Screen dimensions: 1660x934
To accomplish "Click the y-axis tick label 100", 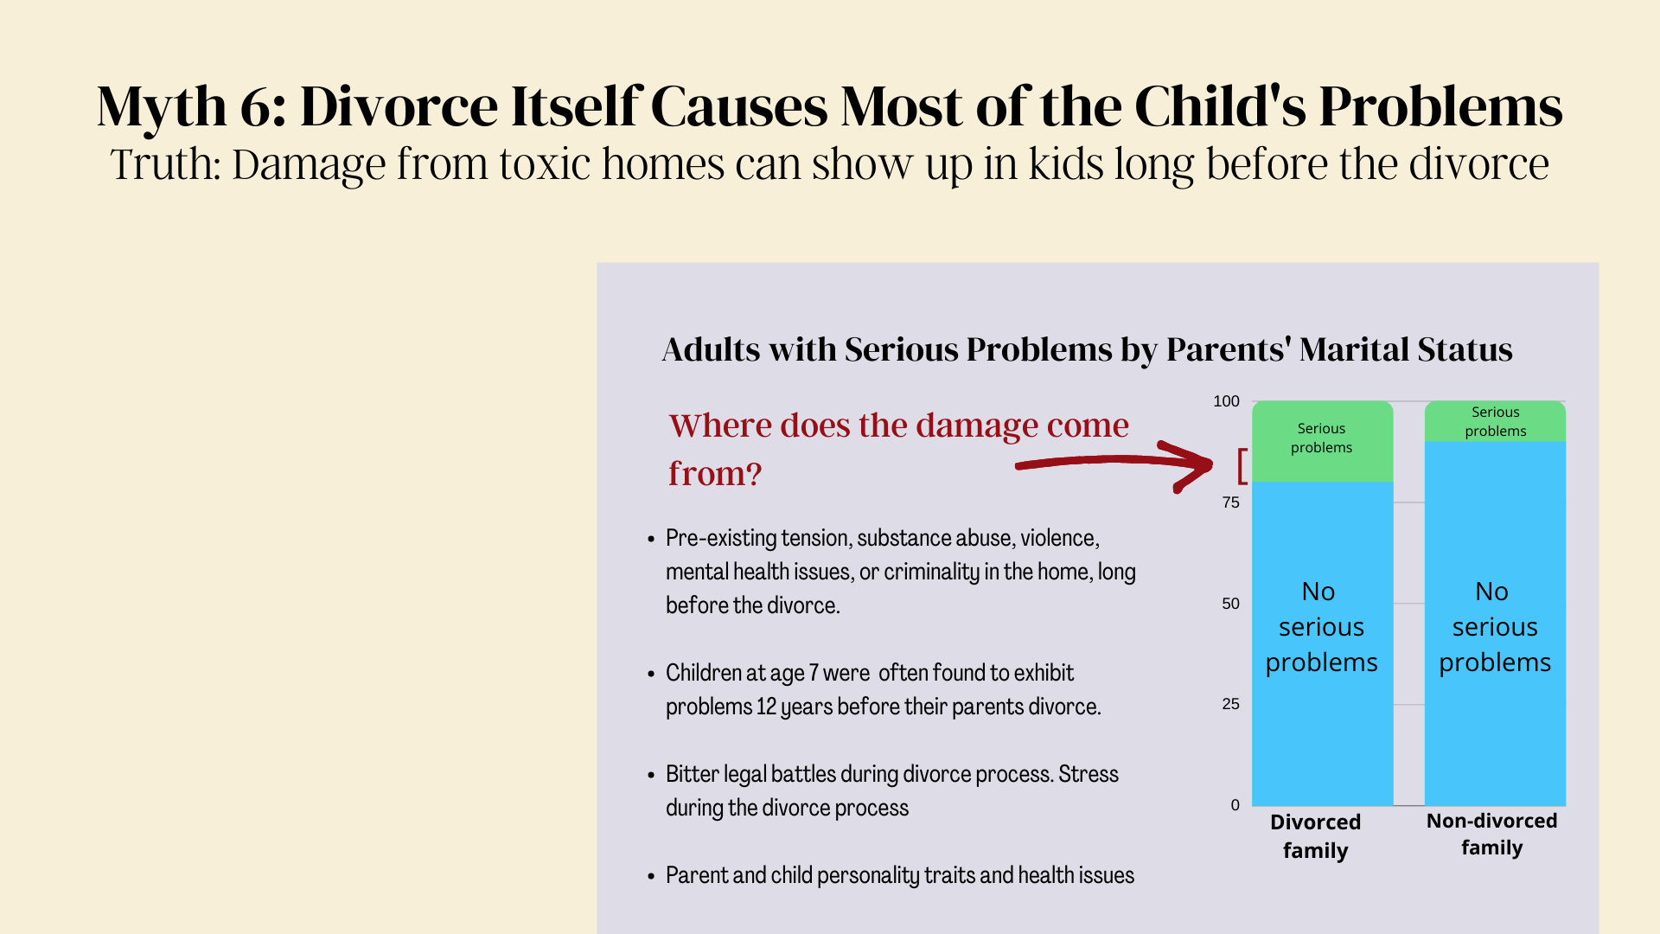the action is click(1226, 401).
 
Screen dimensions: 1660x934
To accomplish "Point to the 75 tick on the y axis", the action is click(1230, 502).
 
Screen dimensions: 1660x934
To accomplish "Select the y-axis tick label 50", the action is click(1230, 604).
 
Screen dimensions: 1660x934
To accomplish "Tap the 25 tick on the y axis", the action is click(1230, 704).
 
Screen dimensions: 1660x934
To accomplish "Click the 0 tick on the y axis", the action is click(1235, 805).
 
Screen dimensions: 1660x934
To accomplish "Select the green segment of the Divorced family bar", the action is click(1322, 441).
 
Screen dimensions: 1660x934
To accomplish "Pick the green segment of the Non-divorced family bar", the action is click(1495, 421).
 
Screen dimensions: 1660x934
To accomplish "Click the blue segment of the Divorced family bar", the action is click(1322, 643).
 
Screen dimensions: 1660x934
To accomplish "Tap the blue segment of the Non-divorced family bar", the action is click(1495, 624).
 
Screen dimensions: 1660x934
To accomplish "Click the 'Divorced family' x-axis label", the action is click(1315, 836).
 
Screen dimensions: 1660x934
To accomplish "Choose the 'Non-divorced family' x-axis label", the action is click(1491, 834).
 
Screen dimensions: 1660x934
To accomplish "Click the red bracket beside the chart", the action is click(1242, 466).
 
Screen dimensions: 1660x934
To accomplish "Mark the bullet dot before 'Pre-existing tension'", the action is click(651, 539).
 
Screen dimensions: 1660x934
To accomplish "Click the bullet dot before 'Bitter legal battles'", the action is click(651, 775).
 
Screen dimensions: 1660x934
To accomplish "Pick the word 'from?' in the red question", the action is click(715, 473).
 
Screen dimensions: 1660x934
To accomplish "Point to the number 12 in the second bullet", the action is click(766, 707).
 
